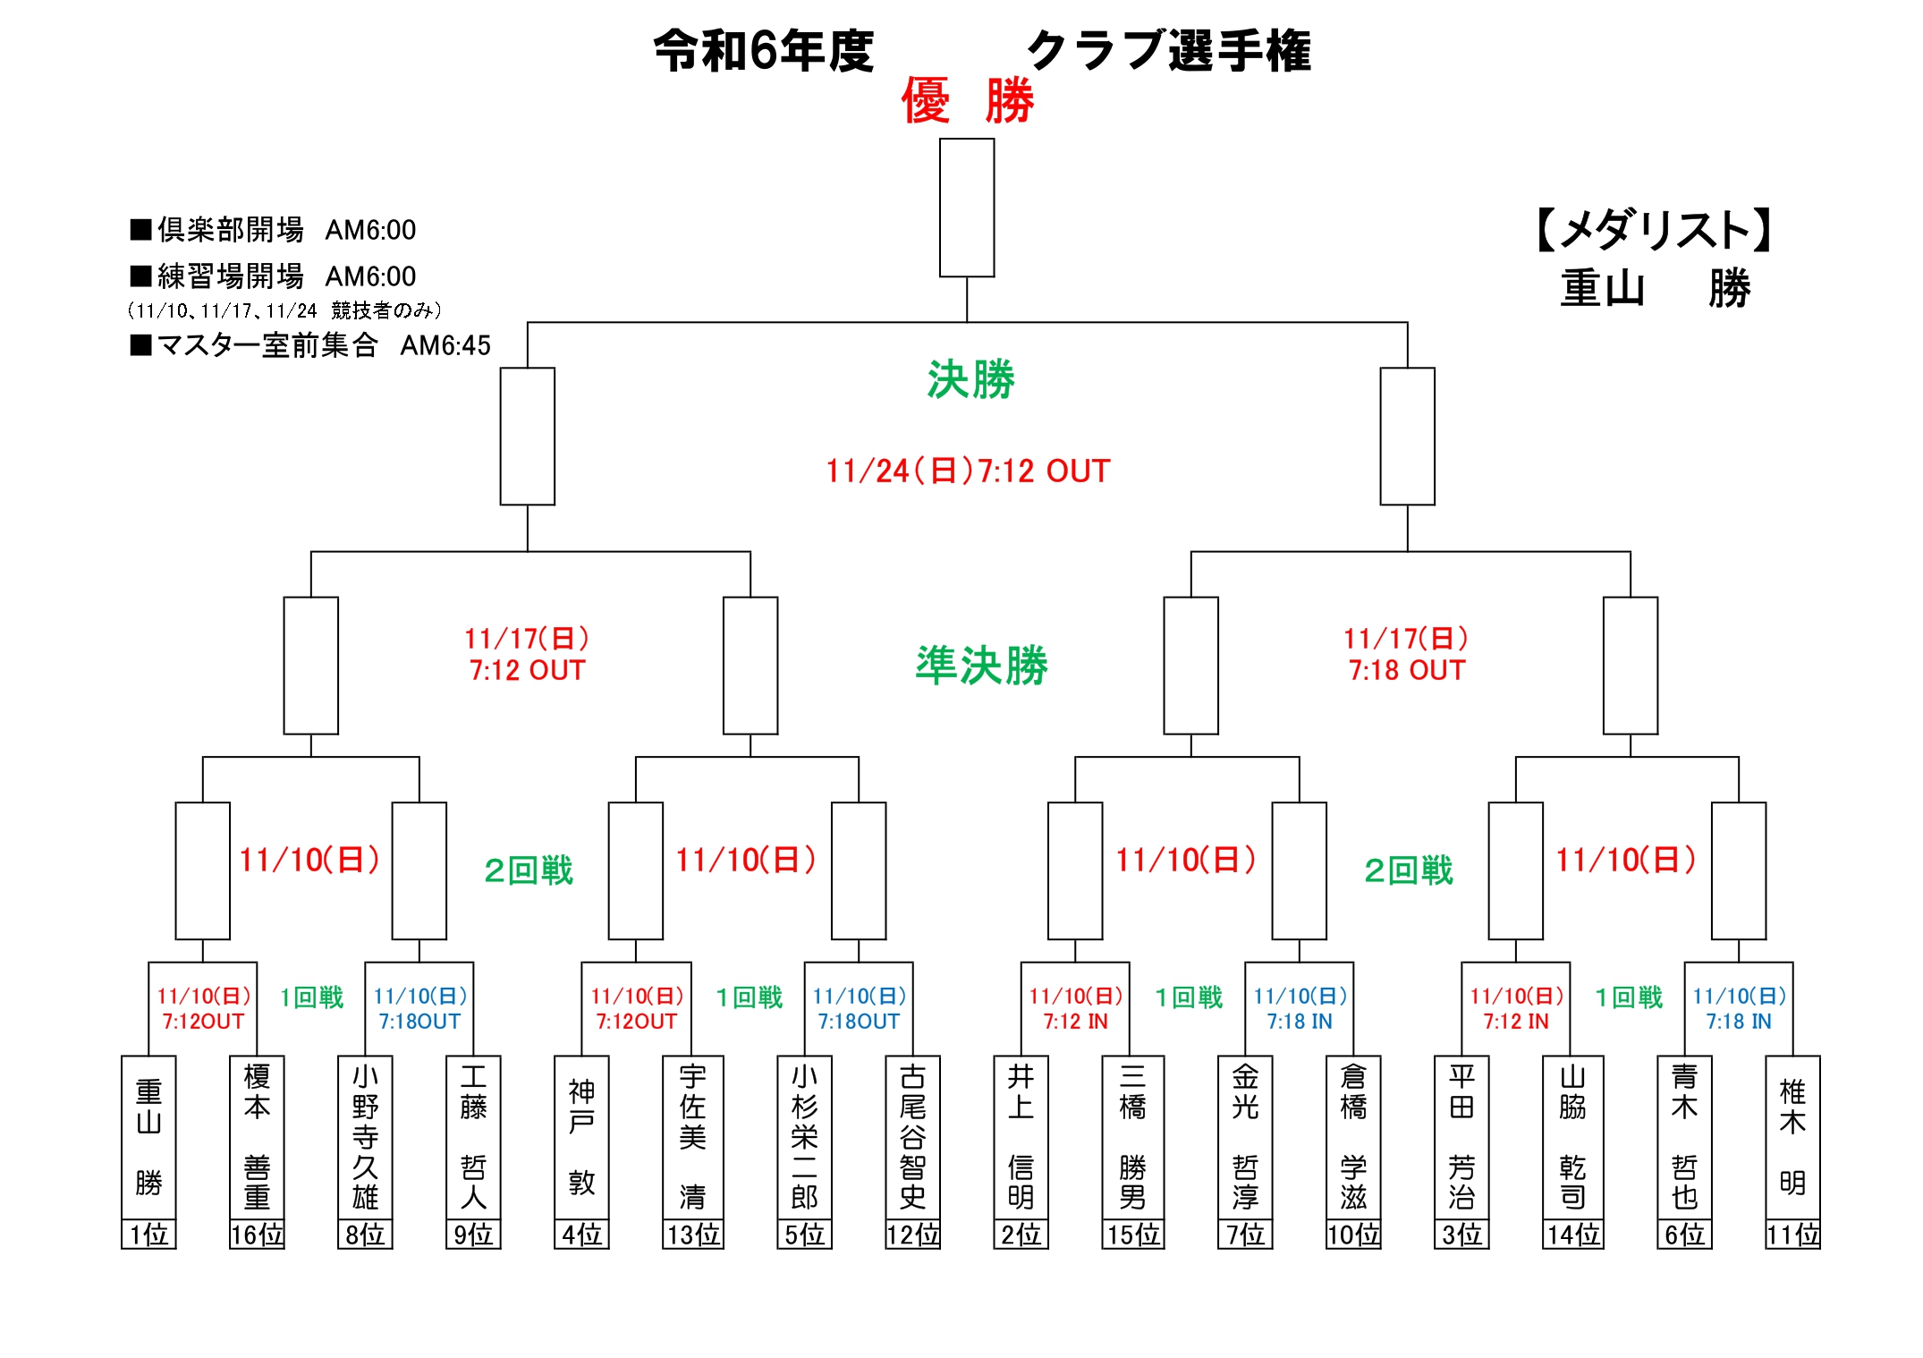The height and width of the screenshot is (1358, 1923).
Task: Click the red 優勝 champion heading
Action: [967, 100]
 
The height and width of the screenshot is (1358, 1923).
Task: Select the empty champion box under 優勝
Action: [967, 208]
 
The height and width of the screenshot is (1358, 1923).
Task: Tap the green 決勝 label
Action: [970, 380]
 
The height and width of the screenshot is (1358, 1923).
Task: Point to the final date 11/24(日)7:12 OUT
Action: [968, 471]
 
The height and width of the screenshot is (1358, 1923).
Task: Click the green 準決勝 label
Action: [981, 666]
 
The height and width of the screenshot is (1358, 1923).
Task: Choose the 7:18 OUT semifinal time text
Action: [1407, 670]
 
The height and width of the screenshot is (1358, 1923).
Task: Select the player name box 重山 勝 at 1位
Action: [148, 1137]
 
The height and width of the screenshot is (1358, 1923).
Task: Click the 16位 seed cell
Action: [257, 1235]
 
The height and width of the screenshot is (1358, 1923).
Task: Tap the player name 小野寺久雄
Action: [365, 1137]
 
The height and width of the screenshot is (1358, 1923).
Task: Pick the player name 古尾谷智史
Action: [912, 1137]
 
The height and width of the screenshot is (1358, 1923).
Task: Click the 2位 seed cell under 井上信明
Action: [1021, 1235]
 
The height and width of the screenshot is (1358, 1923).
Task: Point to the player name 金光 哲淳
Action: [1245, 1137]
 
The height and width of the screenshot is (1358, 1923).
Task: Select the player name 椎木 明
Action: [1792, 1137]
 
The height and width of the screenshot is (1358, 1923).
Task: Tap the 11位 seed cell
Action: [1792, 1235]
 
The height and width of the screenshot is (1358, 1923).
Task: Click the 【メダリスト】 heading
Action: [1655, 230]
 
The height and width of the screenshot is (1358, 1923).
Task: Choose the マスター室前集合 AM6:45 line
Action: [310, 345]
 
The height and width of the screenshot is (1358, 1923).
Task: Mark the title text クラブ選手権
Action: [1168, 51]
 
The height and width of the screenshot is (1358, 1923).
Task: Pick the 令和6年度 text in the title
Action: [763, 51]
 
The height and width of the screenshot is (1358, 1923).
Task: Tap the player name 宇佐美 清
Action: [692, 1137]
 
